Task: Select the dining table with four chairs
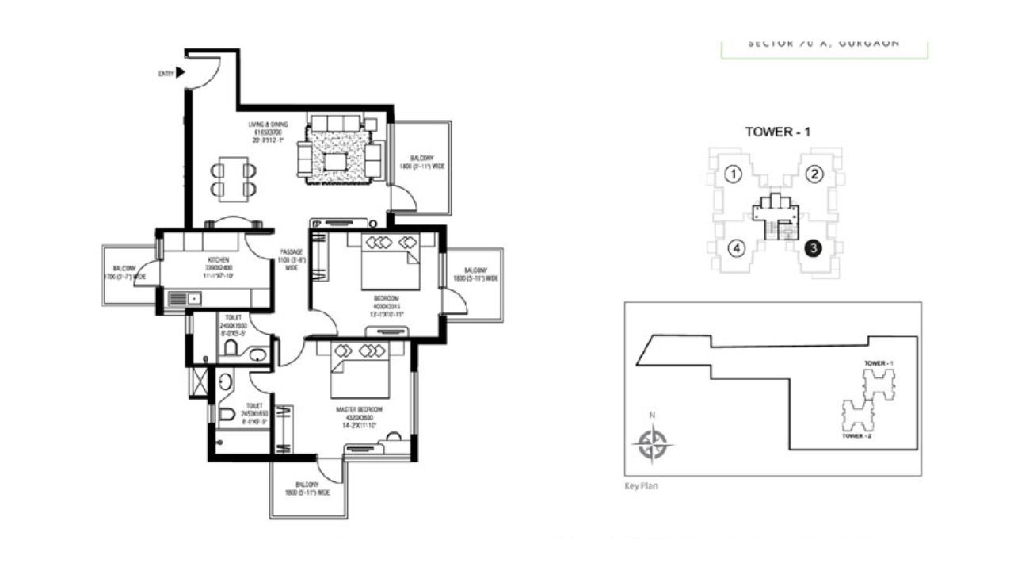[234, 179]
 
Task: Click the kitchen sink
[185, 298]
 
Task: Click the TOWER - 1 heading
[778, 132]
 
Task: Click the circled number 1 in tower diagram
[734, 174]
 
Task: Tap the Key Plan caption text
[641, 486]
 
